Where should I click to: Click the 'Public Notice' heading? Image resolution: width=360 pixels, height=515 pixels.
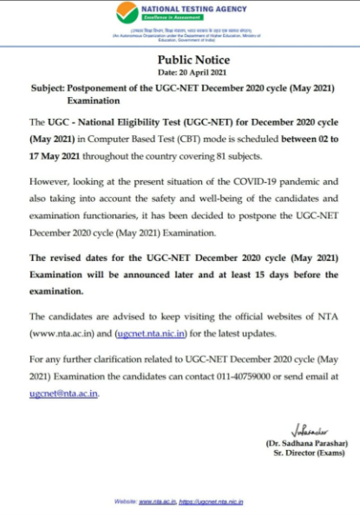[x=180, y=59]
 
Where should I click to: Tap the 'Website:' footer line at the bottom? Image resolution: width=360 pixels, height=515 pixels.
[x=180, y=501]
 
